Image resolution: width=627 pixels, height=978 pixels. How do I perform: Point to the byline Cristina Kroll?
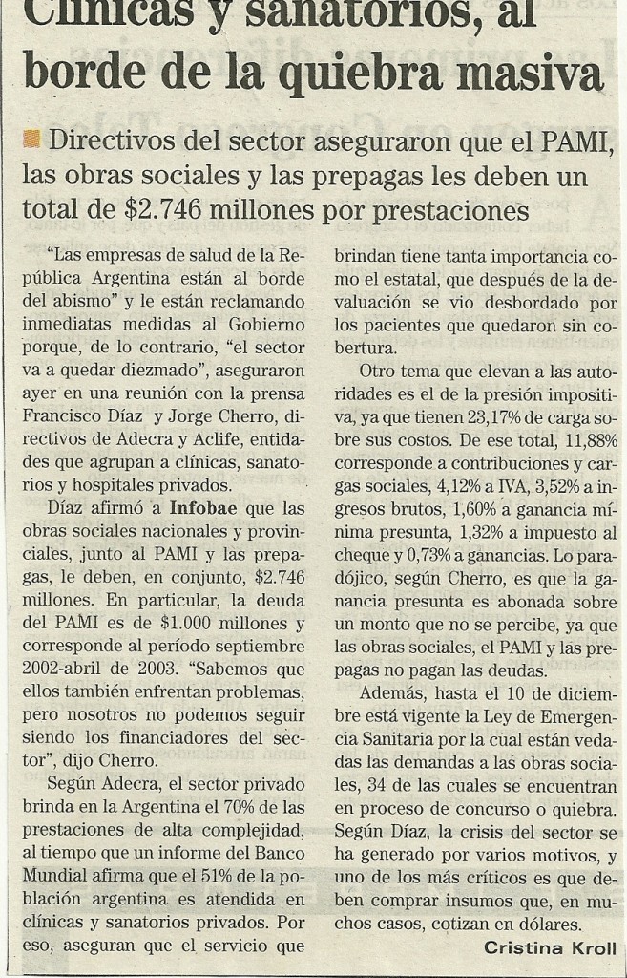(549, 948)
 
